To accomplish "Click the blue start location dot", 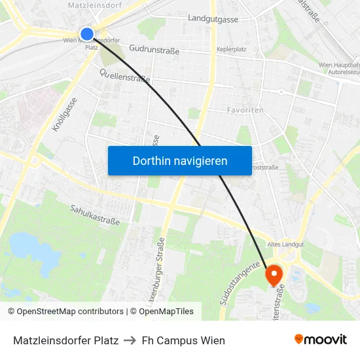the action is click(x=87, y=33).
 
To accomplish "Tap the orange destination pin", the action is click(x=274, y=274).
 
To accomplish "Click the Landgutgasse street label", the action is click(x=213, y=19).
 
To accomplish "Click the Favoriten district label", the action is click(x=245, y=110).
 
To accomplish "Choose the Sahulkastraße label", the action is click(x=95, y=214).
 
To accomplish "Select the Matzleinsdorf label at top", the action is click(x=95, y=5).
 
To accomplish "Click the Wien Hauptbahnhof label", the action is click(x=338, y=65).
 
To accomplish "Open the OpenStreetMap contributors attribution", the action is click(x=70, y=312).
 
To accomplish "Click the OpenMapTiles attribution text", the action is click(x=165, y=312).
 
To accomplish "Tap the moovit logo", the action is click(x=320, y=340).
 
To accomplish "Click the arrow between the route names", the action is click(x=130, y=340).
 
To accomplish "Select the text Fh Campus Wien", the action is click(x=183, y=340).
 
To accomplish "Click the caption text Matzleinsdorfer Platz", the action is click(x=65, y=340).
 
